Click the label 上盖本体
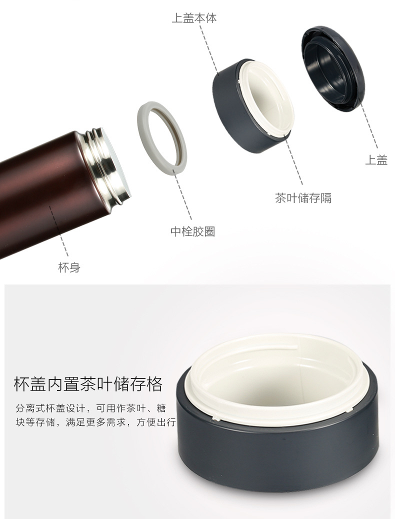pos(194,17)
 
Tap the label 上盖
pos(376,160)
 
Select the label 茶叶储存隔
pos(303,197)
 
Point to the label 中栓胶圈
pos(192,231)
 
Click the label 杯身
pos(69,267)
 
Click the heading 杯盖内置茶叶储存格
pos(88,384)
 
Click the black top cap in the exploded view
pos(333,68)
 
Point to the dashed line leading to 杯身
pos(59,230)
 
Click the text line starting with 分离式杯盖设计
pos(90,408)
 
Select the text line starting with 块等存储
pos(95,422)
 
